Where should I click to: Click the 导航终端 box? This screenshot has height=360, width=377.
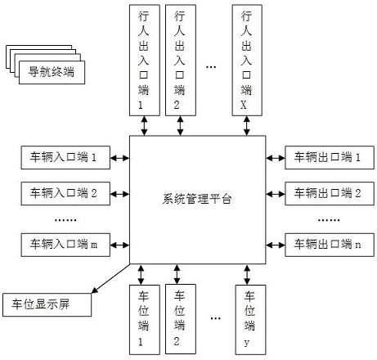coord(52,72)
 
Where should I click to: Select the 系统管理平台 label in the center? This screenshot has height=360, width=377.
coord(197,199)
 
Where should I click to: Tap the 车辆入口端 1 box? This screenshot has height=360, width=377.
coord(65,158)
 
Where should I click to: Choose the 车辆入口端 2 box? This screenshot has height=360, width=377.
coord(65,194)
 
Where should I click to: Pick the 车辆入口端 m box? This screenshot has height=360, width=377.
coord(65,245)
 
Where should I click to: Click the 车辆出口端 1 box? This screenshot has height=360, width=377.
coord(330,158)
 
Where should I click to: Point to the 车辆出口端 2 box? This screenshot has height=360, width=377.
coord(330,194)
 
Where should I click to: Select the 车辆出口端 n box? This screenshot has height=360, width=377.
coord(330,245)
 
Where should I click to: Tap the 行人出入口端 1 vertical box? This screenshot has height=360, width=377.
coord(145,61)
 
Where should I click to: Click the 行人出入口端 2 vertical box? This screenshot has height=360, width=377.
coord(181,61)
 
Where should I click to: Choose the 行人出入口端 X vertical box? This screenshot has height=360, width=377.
coord(247,61)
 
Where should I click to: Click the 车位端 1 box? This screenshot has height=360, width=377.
coord(145,320)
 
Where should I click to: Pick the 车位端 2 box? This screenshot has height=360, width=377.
coord(181,319)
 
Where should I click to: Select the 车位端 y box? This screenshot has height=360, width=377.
coord(250,320)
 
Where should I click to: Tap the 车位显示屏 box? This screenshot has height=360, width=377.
coord(47,305)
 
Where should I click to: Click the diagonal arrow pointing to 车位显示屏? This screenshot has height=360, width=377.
coord(110,278)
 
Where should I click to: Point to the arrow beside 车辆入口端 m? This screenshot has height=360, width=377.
coord(119,245)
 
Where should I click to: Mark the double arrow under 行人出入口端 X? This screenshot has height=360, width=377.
coord(247,126)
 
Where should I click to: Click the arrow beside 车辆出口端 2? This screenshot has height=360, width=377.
coord(276,194)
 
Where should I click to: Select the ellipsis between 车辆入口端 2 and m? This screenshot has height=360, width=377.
coord(65,220)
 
